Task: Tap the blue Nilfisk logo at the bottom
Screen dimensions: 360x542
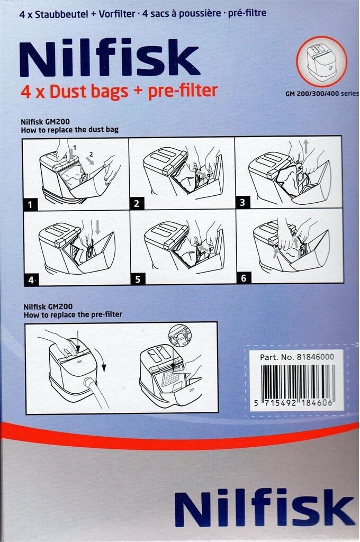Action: [265, 507]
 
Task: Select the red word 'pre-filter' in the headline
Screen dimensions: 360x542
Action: [183, 91]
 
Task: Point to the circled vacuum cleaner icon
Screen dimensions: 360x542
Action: [321, 61]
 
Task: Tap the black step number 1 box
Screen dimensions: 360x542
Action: [30, 205]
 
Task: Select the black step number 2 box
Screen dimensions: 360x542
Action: [136, 204]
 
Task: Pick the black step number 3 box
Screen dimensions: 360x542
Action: [242, 202]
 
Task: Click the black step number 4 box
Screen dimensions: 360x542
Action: [31, 279]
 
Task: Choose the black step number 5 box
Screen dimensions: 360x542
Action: [138, 279]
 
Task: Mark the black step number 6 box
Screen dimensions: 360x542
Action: [244, 277]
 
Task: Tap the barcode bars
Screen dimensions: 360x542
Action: [296, 381]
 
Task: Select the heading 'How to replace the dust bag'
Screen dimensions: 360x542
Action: [69, 130]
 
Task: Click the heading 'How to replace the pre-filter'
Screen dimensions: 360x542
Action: [73, 314]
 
